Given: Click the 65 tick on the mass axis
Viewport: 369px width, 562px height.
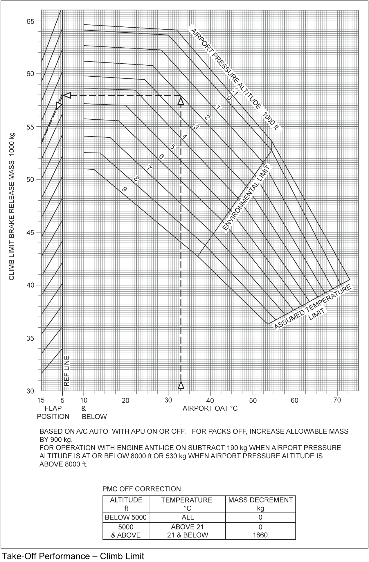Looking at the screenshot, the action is [x=30, y=21].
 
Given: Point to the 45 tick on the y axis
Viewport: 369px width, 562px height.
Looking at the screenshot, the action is [x=30, y=233].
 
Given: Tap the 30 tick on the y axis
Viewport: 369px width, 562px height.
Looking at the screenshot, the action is [x=30, y=391].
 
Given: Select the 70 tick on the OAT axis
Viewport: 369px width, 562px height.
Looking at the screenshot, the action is [x=337, y=400].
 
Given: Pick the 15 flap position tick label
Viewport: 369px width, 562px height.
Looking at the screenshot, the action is [x=41, y=400].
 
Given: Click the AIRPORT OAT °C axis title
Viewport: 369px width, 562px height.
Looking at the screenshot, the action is [x=210, y=408].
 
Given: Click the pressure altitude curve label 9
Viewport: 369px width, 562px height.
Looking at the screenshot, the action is [x=125, y=189].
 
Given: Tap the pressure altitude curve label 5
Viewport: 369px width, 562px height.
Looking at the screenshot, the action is [x=172, y=147].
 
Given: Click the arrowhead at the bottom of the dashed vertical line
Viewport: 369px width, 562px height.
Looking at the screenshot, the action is [x=181, y=385].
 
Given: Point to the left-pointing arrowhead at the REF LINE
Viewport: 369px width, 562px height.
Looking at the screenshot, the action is [x=67, y=95].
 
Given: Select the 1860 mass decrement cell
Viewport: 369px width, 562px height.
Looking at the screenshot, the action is [x=260, y=535].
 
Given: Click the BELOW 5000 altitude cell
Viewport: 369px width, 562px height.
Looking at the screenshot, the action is [x=126, y=517].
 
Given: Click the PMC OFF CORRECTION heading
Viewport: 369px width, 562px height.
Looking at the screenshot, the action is [x=142, y=489].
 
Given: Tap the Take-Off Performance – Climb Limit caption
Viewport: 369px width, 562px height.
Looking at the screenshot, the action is [x=73, y=556].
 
